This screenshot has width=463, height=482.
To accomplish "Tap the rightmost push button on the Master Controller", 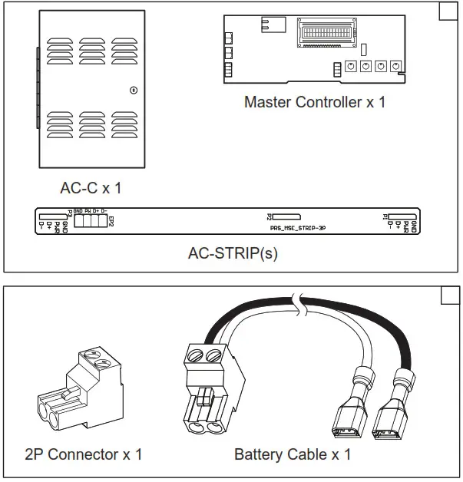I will point(395,67).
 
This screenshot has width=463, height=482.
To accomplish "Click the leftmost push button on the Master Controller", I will point(351,67).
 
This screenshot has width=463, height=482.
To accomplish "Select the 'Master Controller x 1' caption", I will point(314,101).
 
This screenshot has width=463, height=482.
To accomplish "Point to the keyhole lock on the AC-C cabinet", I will point(133,90).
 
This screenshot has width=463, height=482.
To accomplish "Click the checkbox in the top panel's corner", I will point(448,12).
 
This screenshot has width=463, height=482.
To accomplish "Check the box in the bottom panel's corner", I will point(448,296).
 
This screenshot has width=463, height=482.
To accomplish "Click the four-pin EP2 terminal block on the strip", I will point(90,221).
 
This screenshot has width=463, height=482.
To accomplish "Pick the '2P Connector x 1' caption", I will point(84,454).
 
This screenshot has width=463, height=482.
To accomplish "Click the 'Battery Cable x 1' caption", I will point(293,454).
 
